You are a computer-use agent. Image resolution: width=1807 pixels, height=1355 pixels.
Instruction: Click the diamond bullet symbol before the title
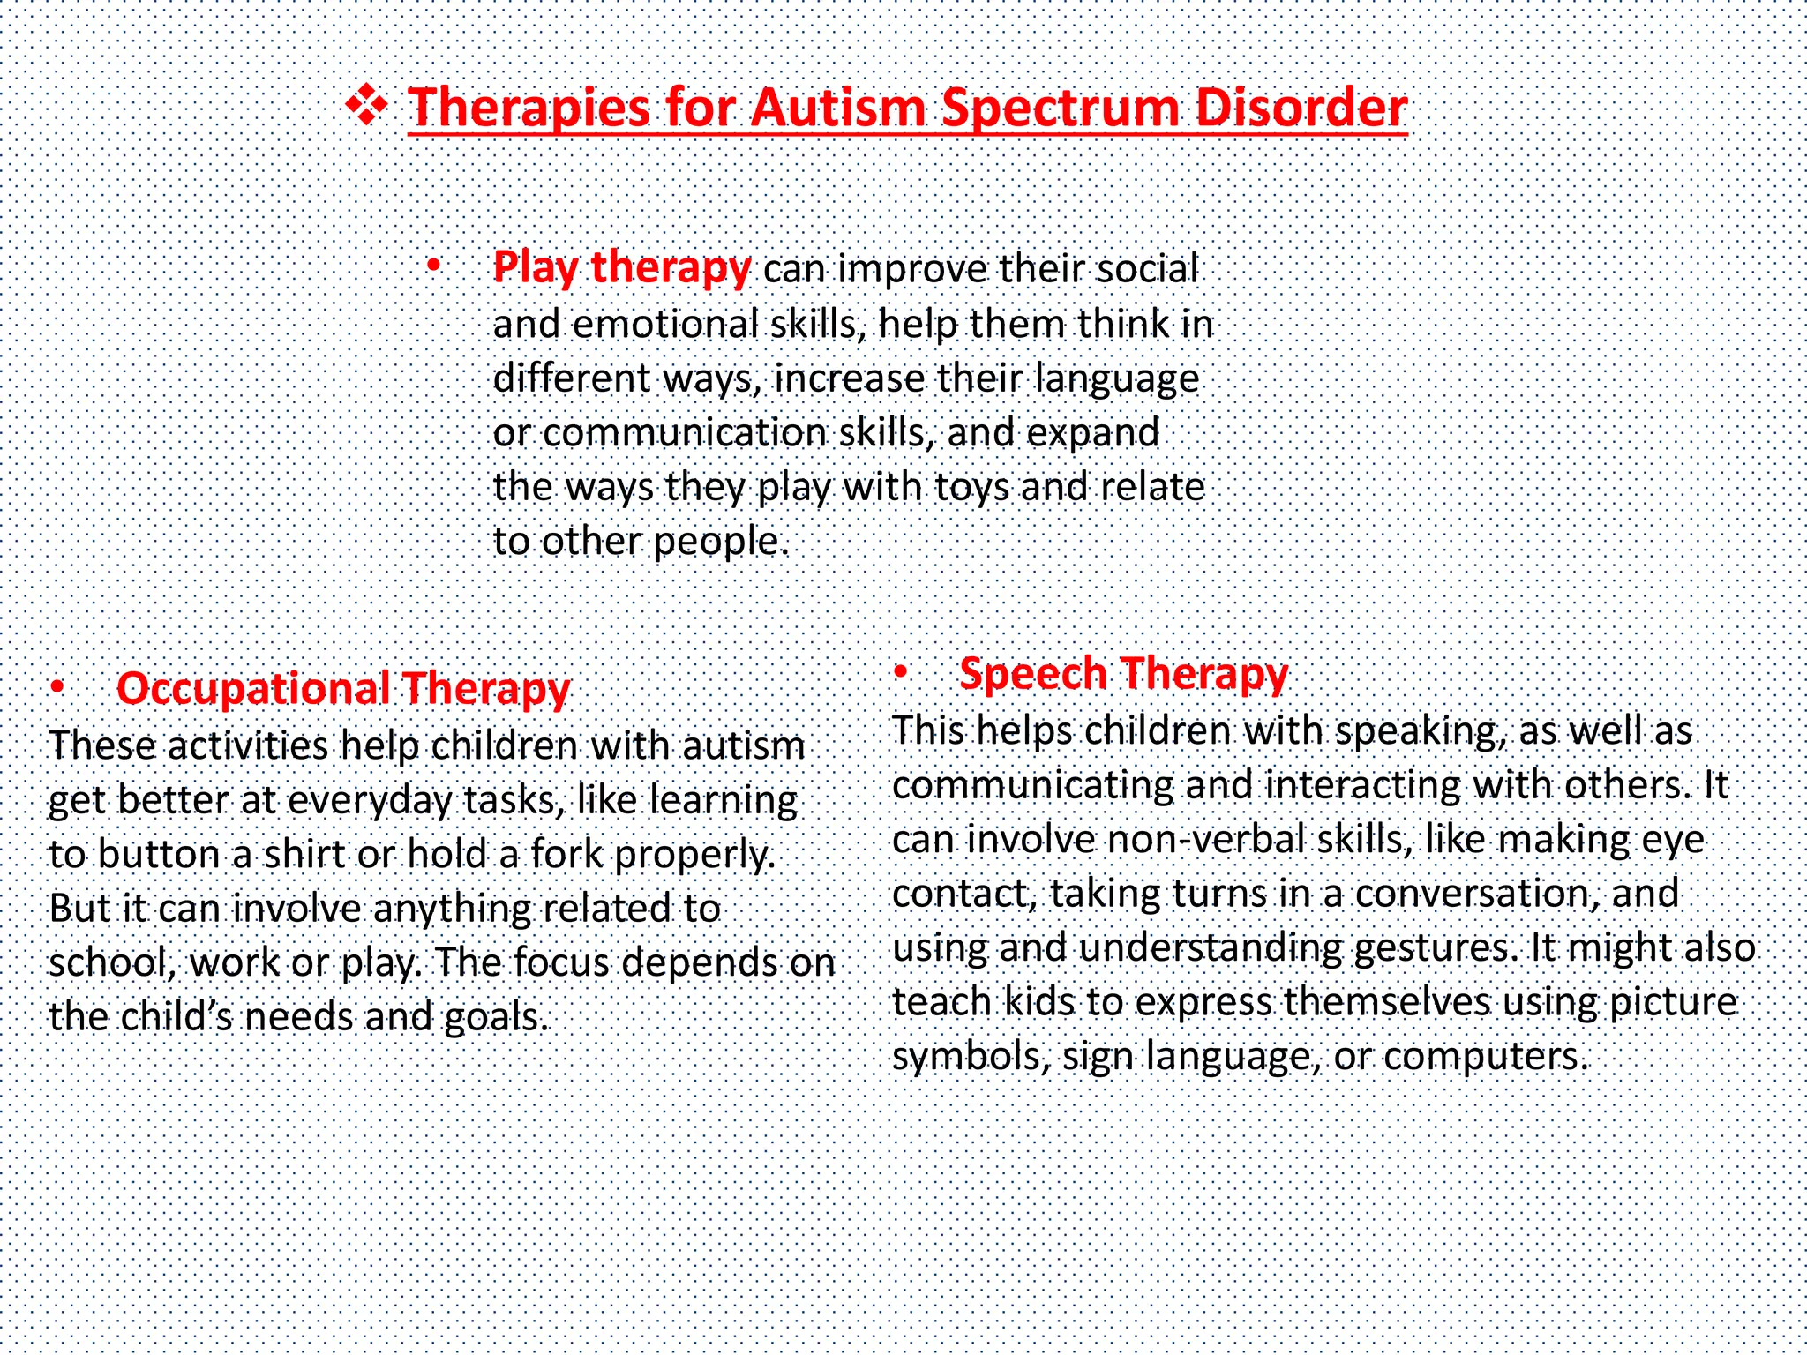click(366, 107)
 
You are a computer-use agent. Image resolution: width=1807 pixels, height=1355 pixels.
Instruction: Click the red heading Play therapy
click(621, 266)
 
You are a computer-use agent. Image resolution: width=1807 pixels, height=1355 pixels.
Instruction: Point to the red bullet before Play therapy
click(433, 266)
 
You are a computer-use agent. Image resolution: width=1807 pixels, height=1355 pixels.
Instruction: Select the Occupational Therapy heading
click(343, 688)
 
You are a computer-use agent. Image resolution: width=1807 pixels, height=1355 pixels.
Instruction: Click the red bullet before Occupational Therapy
click(57, 686)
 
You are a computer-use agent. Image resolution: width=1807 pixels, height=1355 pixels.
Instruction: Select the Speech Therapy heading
click(1123, 673)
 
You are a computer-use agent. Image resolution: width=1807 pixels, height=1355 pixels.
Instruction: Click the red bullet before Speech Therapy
click(900, 672)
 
